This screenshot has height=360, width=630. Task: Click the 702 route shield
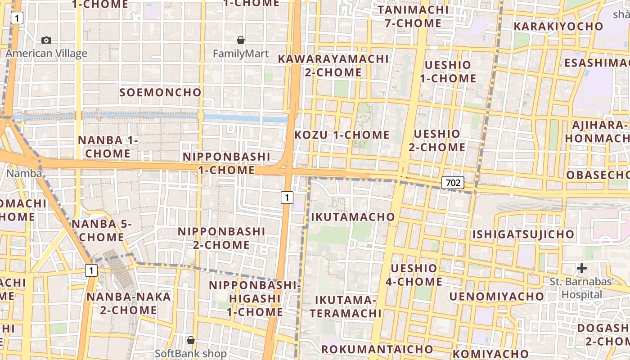[x=453, y=183]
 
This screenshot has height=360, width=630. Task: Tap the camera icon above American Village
[x=46, y=40]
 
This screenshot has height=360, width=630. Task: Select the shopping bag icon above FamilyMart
[x=241, y=40]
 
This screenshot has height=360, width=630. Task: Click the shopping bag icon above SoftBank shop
[x=191, y=340]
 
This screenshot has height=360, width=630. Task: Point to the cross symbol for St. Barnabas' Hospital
[x=581, y=269]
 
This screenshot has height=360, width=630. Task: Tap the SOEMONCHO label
[x=161, y=93]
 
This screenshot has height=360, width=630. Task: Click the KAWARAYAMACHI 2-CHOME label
[x=333, y=66]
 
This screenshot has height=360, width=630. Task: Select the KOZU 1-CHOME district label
[x=342, y=135]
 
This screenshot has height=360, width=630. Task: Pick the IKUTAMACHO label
[x=353, y=217]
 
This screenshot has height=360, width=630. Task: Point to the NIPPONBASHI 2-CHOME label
[x=221, y=238]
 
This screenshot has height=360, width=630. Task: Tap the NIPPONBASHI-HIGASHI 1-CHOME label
[x=254, y=298]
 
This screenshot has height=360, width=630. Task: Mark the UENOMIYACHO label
[x=496, y=297]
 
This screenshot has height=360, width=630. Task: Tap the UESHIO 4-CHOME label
[x=414, y=275]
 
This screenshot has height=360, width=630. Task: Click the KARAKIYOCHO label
[x=558, y=27]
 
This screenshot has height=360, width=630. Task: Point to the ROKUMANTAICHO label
[x=377, y=349]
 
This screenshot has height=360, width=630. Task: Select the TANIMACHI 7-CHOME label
[x=413, y=16]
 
